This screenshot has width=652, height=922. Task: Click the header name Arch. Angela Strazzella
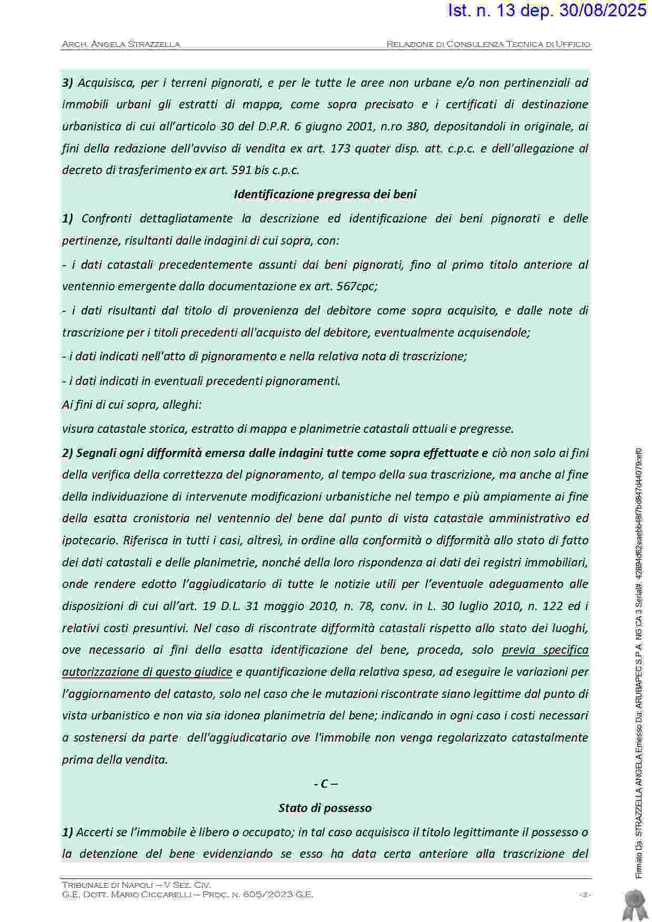tap(121, 44)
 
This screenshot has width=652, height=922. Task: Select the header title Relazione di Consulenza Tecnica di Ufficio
tap(488, 44)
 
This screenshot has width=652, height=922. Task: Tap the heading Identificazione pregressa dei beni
tap(325, 195)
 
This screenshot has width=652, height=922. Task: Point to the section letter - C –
tap(325, 784)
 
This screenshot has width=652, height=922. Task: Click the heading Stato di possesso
tap(325, 808)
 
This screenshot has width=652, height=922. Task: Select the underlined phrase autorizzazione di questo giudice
tap(147, 672)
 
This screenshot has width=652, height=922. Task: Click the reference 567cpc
tap(356, 287)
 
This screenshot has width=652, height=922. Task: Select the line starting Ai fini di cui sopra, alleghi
tap(132, 405)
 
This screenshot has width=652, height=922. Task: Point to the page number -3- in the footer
tap(584, 894)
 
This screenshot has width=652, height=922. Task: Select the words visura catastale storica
tap(124, 429)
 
